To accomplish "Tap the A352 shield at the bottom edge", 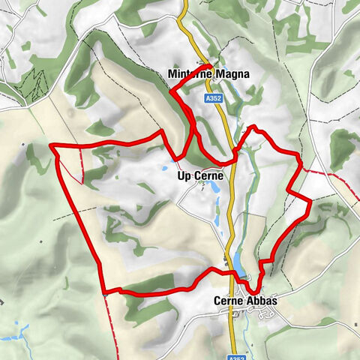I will click(x=238, y=358).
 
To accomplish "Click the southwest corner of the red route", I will click(x=104, y=290).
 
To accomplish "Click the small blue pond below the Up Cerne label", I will click(x=207, y=190).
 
